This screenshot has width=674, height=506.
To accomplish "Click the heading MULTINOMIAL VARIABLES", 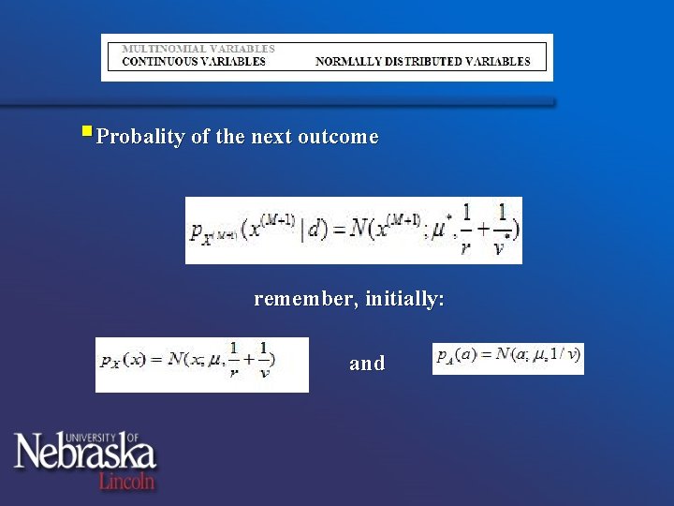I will click(x=199, y=48).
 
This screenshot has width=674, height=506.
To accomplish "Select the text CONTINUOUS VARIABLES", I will click(x=194, y=62).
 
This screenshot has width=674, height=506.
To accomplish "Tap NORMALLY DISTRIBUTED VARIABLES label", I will click(x=422, y=62).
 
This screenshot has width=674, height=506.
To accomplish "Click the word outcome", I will click(x=338, y=137).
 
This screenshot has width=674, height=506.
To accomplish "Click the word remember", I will click(x=305, y=300).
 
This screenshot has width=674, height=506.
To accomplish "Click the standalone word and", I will click(x=367, y=364).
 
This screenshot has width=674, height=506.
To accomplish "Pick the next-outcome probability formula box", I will click(x=353, y=230).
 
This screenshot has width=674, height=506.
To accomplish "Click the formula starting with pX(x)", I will click(x=201, y=364).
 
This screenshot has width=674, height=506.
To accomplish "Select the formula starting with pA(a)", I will click(x=508, y=358).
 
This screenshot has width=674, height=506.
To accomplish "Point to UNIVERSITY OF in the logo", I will click(x=116, y=437).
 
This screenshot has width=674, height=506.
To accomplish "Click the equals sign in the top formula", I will click(x=336, y=229).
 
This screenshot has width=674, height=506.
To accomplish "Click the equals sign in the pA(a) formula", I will click(x=486, y=355).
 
